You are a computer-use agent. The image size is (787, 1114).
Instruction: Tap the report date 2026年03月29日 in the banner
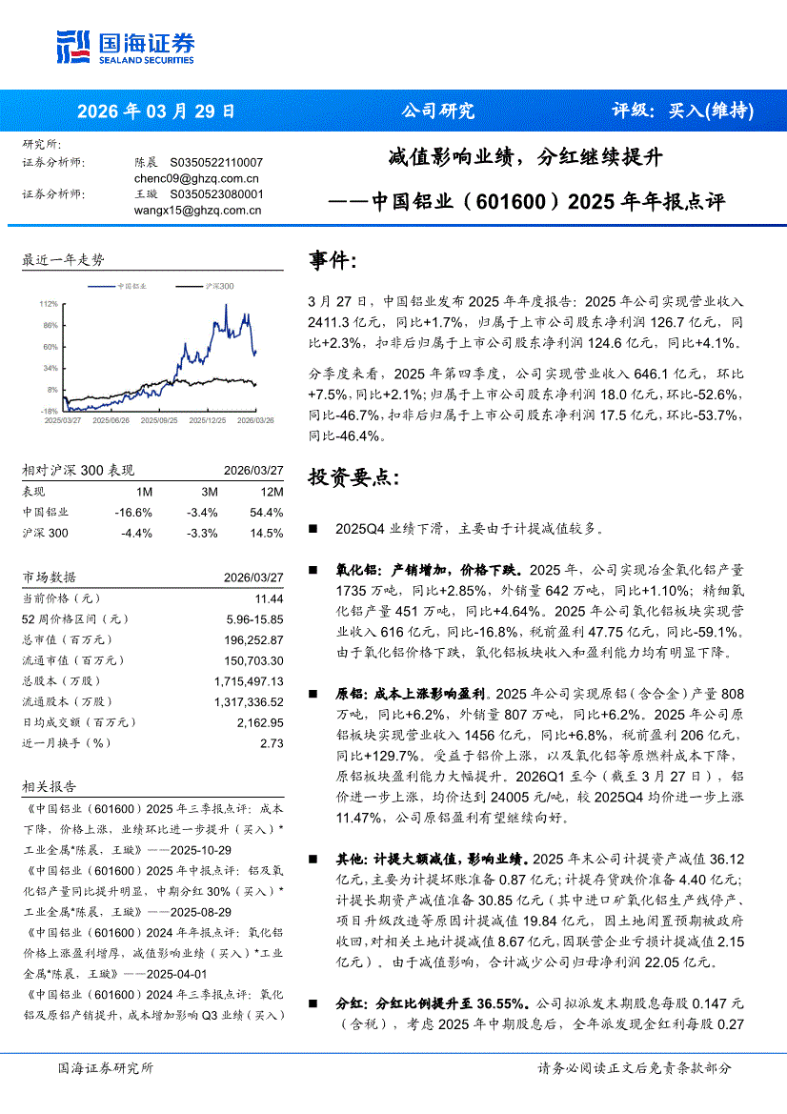click(x=155, y=111)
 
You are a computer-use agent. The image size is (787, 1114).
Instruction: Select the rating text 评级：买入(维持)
click(x=682, y=111)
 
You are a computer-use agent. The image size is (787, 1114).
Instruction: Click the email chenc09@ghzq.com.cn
click(x=196, y=177)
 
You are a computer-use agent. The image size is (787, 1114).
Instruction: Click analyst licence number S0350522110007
click(x=216, y=162)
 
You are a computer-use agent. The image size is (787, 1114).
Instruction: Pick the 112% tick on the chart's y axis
click(x=49, y=304)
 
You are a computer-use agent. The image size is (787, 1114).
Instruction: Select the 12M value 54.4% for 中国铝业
click(x=267, y=513)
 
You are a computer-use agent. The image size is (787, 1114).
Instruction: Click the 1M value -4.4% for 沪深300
click(x=136, y=533)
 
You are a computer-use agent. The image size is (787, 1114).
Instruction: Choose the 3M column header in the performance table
click(x=210, y=492)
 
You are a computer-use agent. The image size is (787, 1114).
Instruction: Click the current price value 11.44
click(x=269, y=598)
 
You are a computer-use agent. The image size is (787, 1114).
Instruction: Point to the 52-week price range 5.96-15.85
click(x=251, y=618)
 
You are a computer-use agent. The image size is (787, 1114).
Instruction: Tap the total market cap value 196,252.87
click(x=250, y=639)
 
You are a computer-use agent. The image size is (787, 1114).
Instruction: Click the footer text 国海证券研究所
click(x=105, y=1068)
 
